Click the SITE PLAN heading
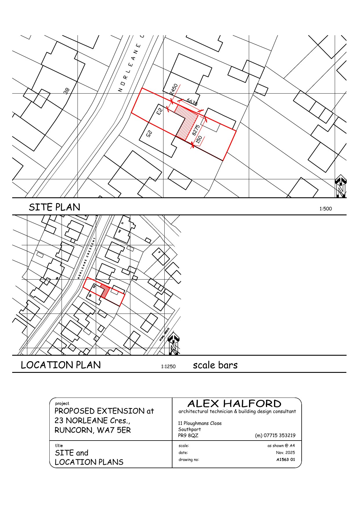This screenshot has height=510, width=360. [x=55, y=207]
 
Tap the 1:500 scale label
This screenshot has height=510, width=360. [x=325, y=209]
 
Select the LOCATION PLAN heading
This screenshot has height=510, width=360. [x=61, y=365]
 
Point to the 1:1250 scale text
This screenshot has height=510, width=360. [x=168, y=366]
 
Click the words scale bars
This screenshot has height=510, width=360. [x=215, y=365]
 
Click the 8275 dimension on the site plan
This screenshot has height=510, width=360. [x=196, y=130]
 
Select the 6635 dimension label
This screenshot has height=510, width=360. [x=192, y=102]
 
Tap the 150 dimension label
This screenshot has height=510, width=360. [x=199, y=139]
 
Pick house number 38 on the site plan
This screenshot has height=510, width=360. [x=67, y=91]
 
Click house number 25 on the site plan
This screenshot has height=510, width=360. [x=149, y=134]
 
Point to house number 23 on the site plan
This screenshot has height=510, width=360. [x=159, y=111]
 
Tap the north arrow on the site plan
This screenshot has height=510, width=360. [x=341, y=186]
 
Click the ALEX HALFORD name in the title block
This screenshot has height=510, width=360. [x=234, y=403]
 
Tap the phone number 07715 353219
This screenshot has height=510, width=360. [x=275, y=435]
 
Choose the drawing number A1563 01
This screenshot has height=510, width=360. [x=285, y=459]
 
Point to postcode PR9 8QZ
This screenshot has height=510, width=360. [x=188, y=435]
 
